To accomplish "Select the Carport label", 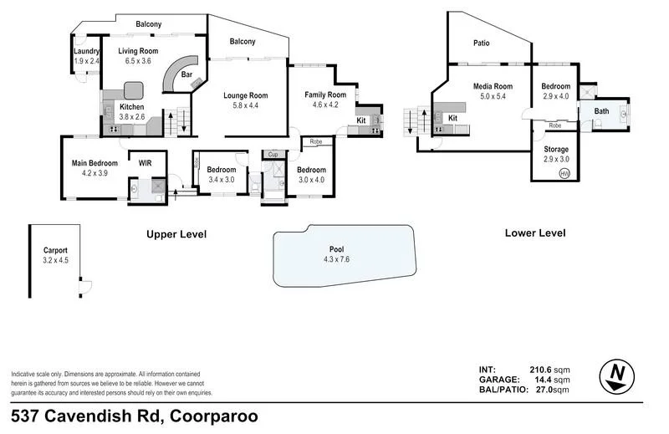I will [x=55, y=250].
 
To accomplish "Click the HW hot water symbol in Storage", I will [x=564, y=173].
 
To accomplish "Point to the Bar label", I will [x=186, y=74].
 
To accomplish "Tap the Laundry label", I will [x=86, y=52].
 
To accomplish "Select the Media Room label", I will [x=492, y=86].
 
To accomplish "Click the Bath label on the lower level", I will [x=601, y=110].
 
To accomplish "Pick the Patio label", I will [x=481, y=43].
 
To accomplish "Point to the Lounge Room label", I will [x=245, y=95].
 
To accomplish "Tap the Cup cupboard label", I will [x=273, y=155].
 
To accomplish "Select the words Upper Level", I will [x=176, y=234].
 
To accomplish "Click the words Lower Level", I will [x=535, y=233].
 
